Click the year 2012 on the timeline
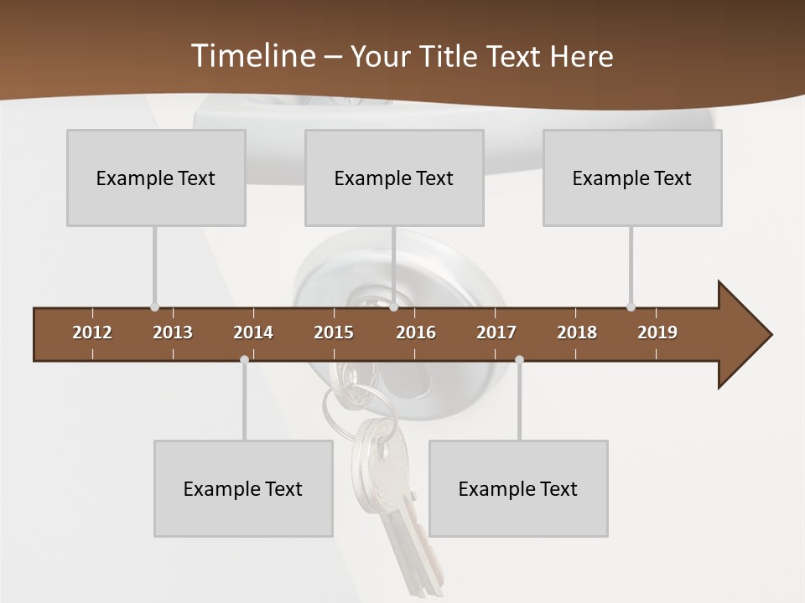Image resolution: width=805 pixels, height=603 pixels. pos(92,332)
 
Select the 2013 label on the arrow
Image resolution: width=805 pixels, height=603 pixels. pos(173,332)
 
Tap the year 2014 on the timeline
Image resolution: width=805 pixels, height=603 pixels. pos(253,332)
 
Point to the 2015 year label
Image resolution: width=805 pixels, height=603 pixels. pos(334,332)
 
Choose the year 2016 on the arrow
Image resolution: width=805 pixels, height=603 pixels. pos(416,332)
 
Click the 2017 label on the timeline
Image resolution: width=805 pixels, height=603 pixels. pos(496,332)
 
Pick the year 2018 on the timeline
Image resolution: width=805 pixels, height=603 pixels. pos(577,332)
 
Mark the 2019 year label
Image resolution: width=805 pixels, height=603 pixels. pos(657,332)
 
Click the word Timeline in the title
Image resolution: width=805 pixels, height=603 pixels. pos(252,56)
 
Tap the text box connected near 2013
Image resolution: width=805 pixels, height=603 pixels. pos(156,178)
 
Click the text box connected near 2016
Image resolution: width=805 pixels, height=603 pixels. pos(394,178)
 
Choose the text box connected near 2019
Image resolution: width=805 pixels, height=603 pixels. pos(632,178)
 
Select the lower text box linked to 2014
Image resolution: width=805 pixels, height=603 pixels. pos(243,488)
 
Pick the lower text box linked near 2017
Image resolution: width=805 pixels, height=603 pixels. pos(518,488)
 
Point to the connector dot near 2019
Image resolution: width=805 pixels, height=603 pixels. pos(631,307)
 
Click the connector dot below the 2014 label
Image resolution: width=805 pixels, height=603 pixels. pos(244,360)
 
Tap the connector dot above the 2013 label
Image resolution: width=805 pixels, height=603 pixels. pos(154,307)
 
